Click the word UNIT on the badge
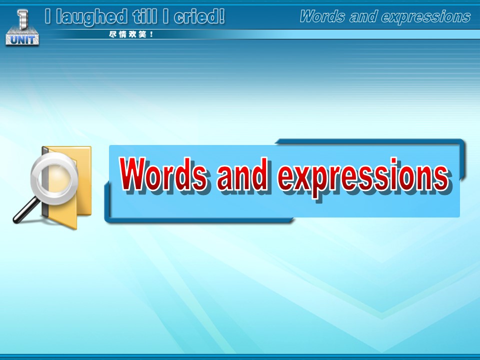coord(22,40)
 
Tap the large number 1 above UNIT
coord(22,19)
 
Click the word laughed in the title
coord(91,17)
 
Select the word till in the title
coord(145,16)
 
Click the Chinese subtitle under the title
coord(131,34)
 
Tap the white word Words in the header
coord(322,16)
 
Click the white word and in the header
coord(363,16)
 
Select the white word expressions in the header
coord(426,17)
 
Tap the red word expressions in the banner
coord(363,177)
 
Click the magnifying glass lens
coord(54,178)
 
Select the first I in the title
coord(47,16)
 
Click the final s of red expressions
coord(441,178)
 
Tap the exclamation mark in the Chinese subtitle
coord(151,34)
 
